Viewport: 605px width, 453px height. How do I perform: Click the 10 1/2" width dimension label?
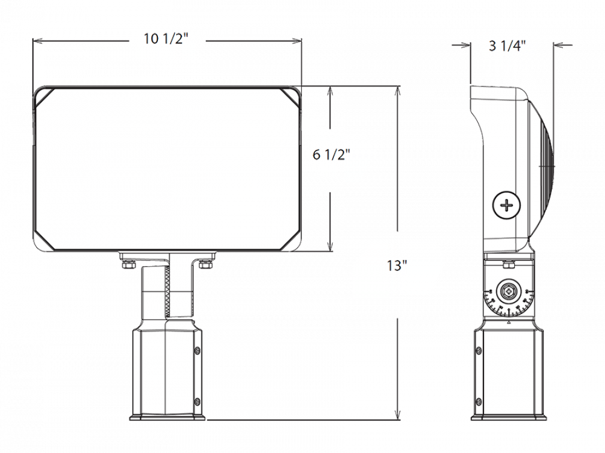point(165,39)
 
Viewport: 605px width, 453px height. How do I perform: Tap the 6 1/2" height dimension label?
point(330,154)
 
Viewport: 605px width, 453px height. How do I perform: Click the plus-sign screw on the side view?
point(506,206)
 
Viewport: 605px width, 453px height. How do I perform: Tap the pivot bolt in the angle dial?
point(509,292)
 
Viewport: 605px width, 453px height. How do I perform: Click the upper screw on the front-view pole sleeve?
point(196,351)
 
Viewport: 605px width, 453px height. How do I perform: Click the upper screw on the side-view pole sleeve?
point(479,351)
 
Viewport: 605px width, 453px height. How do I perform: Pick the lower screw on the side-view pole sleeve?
point(479,401)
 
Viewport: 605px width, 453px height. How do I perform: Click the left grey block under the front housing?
point(116,277)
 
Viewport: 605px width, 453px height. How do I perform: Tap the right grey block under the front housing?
point(218,277)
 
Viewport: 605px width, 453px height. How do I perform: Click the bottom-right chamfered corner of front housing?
point(290,239)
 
